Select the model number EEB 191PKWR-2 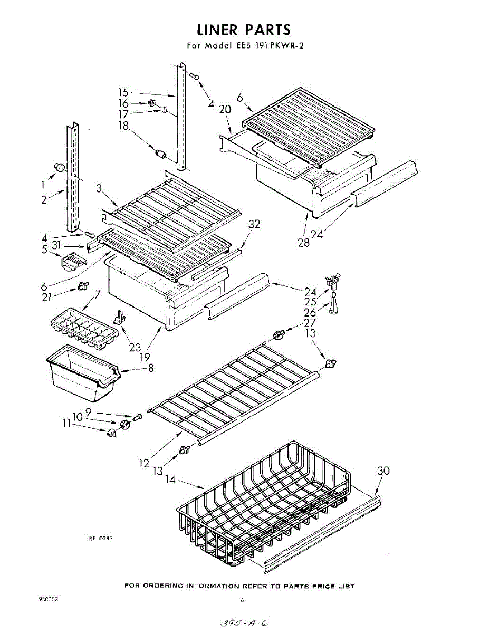[268, 45]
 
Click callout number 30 [383, 471]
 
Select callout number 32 [254, 224]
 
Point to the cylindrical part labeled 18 [160, 154]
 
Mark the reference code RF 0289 [101, 539]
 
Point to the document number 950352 [49, 599]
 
